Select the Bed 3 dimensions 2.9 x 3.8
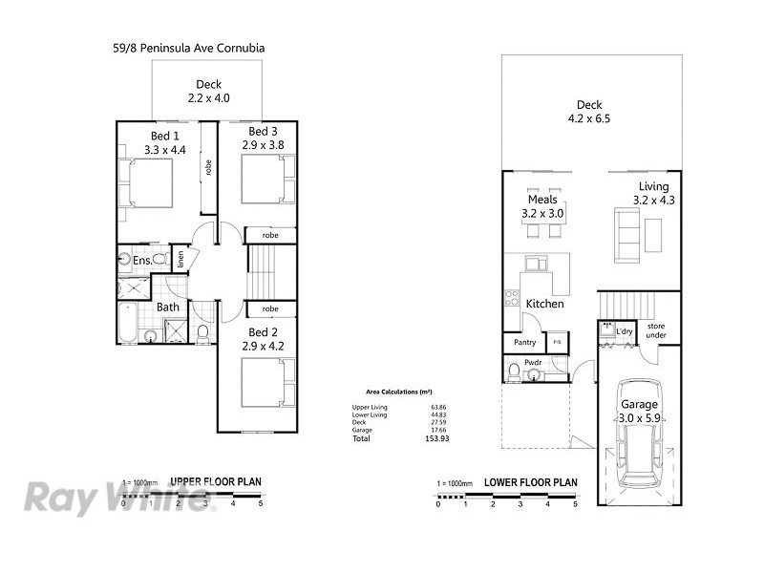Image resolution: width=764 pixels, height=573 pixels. [263, 144]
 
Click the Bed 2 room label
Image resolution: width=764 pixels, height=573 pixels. [263, 331]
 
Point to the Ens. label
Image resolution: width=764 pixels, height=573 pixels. [142, 260]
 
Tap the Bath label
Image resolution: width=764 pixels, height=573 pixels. [168, 307]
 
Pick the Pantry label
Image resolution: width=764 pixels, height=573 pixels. [524, 342]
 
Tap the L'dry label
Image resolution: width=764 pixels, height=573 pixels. [625, 331]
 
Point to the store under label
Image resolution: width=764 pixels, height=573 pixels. [655, 330]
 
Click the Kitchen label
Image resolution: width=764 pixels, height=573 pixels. [544, 304]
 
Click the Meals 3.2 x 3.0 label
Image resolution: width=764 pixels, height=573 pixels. [542, 206]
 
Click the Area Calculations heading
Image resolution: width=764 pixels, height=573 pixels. [398, 392]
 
